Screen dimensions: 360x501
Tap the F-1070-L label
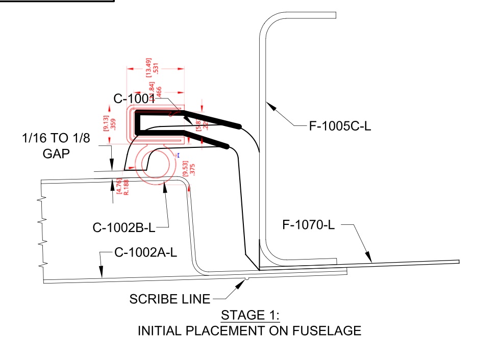coord(309,225)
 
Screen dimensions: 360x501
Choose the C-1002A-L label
coord(144,252)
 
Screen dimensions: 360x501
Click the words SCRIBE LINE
coord(169,299)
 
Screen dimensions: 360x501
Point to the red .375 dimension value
coord(193,170)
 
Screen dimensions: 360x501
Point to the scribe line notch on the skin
coord(246,278)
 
